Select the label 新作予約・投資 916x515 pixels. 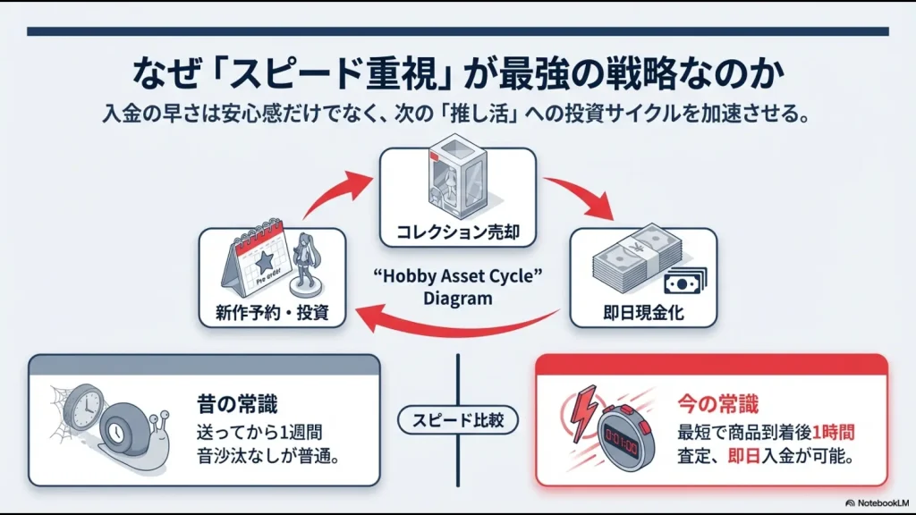[x=272, y=313]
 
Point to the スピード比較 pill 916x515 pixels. [x=457, y=419]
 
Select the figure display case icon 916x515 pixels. [x=457, y=182]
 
